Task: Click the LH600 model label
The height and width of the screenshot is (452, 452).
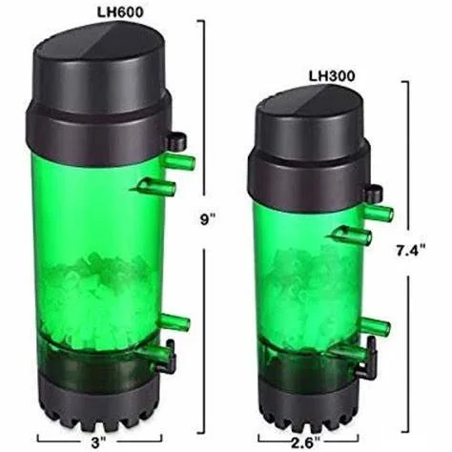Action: click(120, 12)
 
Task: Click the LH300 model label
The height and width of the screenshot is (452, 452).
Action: click(332, 76)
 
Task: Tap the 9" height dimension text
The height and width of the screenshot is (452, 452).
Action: click(208, 220)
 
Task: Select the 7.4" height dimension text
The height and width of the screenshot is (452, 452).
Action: click(411, 251)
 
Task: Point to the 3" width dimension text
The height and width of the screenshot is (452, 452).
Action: click(99, 442)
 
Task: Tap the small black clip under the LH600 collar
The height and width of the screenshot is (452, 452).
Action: click(175, 141)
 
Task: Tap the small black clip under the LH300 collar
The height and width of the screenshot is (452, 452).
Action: click(374, 193)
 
